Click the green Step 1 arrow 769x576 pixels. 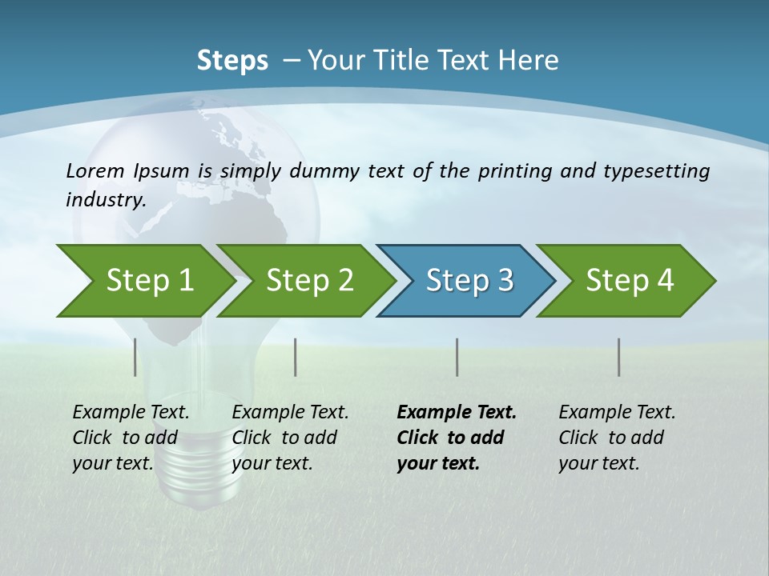[144, 281]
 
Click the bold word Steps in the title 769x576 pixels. [232, 61]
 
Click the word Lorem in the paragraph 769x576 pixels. [95, 170]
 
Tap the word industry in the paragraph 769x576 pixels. [105, 199]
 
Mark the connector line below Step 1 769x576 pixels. [135, 357]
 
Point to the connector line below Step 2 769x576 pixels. [296, 357]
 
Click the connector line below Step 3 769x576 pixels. [457, 357]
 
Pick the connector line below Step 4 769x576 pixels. [619, 357]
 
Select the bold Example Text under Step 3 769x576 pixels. [457, 413]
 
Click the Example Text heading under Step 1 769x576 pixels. [131, 413]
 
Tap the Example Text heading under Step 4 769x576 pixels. [617, 413]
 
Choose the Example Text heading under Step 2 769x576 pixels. [290, 413]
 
